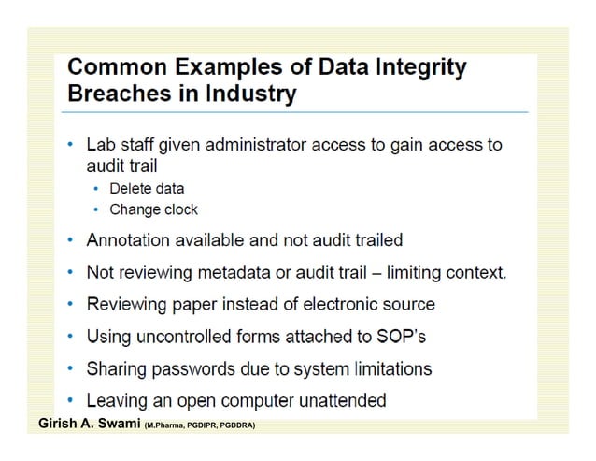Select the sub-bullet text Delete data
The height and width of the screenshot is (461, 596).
(147, 189)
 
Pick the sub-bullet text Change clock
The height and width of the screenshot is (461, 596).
(153, 209)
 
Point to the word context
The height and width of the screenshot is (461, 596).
(478, 273)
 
